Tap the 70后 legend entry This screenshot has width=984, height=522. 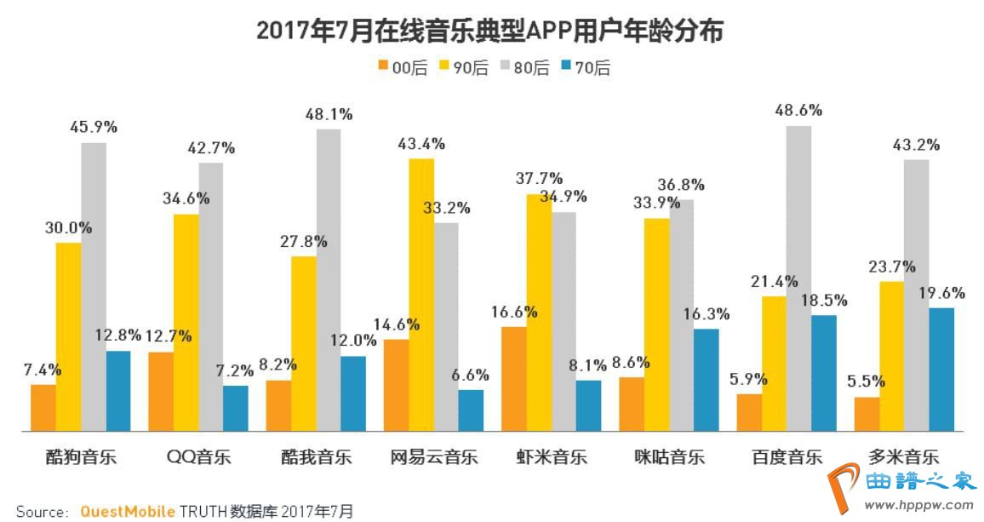click(x=586, y=68)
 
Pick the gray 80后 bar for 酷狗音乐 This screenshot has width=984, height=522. click(x=93, y=286)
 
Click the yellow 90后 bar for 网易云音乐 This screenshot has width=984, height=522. click(x=421, y=294)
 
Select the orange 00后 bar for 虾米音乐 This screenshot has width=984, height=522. click(x=514, y=378)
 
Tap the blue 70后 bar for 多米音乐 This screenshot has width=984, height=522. click(x=941, y=369)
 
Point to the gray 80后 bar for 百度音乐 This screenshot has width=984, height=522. click(x=798, y=278)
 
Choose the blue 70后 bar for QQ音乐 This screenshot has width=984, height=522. click(x=236, y=408)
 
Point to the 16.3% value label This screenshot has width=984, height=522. click(x=706, y=313)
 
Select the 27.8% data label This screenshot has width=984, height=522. click(x=303, y=241)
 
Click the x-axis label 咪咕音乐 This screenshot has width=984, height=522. click(x=670, y=456)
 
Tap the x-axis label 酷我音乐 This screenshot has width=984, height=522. click(x=316, y=456)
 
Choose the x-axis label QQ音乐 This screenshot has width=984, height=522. click(x=199, y=456)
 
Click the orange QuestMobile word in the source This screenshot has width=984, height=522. click(x=128, y=511)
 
